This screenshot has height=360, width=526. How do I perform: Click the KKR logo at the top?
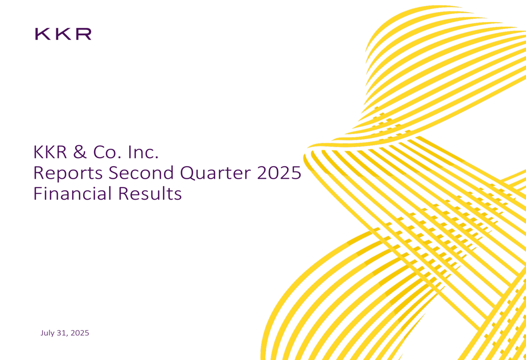coord(63,34)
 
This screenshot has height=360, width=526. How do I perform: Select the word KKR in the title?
coord(50,152)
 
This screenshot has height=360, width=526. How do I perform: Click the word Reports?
coord(64,173)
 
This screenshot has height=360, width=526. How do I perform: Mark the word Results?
coord(149,193)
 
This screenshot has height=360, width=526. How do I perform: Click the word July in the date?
coord(48,333)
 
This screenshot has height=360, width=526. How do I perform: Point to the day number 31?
coord(63,333)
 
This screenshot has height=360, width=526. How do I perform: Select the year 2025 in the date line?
coord(79,333)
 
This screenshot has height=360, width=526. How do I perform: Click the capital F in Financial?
coord(37,193)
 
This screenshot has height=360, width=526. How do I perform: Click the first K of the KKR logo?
coord(42,34)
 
